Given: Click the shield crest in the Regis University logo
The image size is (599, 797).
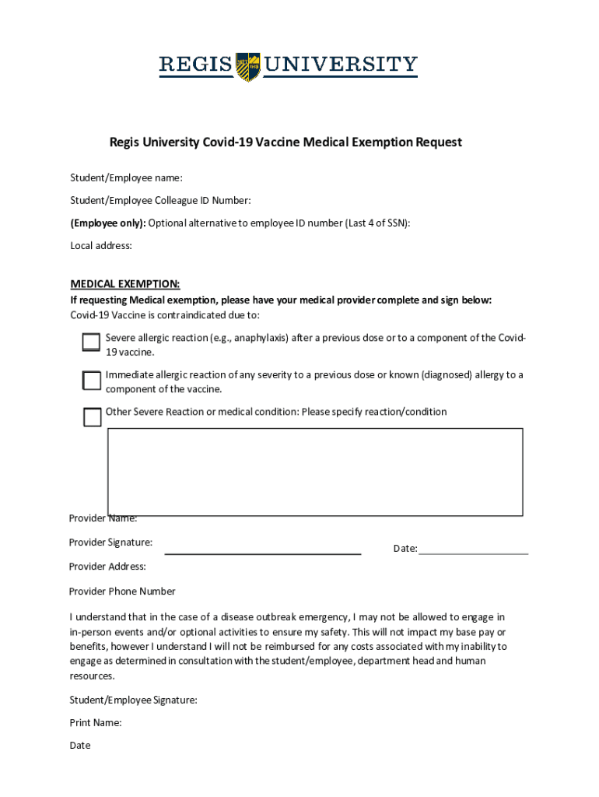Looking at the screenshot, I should [x=248, y=67].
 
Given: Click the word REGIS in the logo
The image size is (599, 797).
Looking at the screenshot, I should [x=196, y=65].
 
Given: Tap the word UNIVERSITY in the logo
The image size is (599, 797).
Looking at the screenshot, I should [x=341, y=65].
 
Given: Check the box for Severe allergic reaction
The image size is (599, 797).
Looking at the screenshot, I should [x=92, y=342].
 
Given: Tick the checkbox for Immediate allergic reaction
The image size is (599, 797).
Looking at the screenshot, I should [x=92, y=380].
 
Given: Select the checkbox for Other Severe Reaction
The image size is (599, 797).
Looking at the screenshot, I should [x=93, y=417].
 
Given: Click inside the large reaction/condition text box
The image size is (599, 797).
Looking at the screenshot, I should [x=315, y=471].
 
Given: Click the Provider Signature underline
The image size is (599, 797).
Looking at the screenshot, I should [x=263, y=553].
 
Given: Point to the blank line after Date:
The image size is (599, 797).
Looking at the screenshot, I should [x=473, y=552].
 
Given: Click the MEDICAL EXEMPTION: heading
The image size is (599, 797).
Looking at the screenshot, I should [x=125, y=283].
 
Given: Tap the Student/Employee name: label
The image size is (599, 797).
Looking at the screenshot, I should [x=126, y=177].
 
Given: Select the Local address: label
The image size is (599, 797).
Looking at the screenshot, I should [x=101, y=246].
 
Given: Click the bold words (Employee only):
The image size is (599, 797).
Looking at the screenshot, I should [x=108, y=223].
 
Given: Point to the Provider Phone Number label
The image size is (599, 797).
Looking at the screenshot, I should [x=122, y=592].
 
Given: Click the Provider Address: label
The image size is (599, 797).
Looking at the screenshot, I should [x=107, y=567].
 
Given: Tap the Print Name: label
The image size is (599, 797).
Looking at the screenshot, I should [x=95, y=722].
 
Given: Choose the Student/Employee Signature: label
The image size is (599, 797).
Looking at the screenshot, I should [x=133, y=700].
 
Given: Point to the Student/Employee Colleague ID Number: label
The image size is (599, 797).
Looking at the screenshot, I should [x=159, y=201].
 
